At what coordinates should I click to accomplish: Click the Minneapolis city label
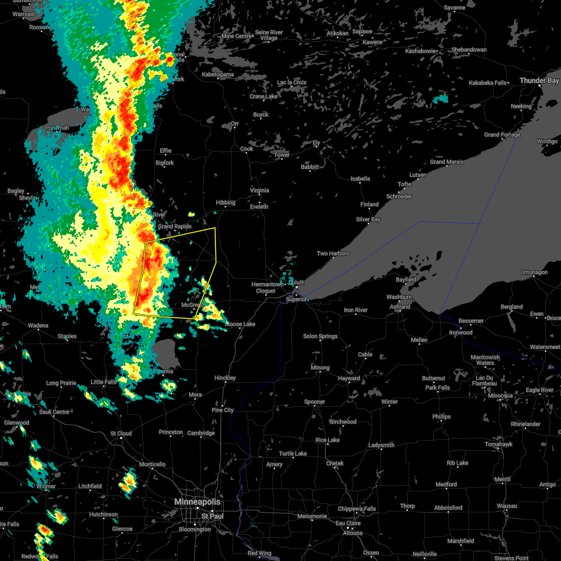(197, 502)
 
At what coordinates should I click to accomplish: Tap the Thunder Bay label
(539, 81)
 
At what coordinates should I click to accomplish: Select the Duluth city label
(296, 282)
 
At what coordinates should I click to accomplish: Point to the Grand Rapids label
(174, 227)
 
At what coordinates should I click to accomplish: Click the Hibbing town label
(225, 203)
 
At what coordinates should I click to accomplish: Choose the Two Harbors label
(333, 253)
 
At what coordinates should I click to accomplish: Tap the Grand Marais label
(447, 162)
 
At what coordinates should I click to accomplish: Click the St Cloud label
(121, 433)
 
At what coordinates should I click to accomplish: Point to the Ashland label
(400, 307)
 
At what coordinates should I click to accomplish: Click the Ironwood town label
(460, 332)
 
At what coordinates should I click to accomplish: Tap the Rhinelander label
(525, 424)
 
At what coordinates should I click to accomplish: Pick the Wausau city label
(507, 506)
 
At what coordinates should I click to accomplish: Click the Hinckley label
(225, 378)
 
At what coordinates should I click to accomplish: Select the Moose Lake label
(240, 324)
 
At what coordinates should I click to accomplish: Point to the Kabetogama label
(218, 74)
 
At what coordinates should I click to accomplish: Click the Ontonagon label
(534, 272)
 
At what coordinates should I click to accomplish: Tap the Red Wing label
(259, 553)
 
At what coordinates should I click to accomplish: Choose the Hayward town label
(349, 378)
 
